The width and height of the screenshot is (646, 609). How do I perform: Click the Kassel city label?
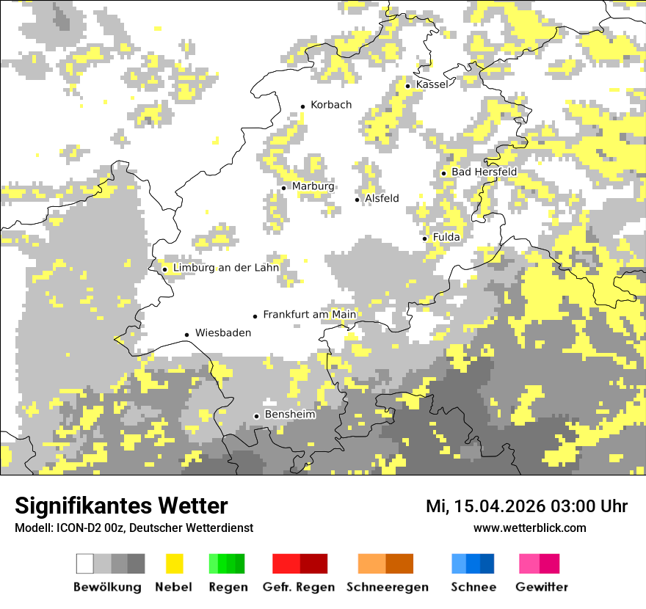(432, 84)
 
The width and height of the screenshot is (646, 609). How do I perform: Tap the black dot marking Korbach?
(302, 106)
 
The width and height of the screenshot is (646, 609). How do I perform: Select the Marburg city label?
(313, 186)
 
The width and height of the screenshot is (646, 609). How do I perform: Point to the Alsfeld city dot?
(358, 200)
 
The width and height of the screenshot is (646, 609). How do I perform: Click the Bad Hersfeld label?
(484, 172)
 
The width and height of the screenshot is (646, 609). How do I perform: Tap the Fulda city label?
(446, 237)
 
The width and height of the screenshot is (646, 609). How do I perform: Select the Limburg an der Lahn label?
(226, 268)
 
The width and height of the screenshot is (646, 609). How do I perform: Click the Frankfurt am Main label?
(309, 315)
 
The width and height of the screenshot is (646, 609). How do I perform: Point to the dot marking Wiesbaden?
(187, 335)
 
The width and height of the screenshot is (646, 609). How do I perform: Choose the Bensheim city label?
(290, 415)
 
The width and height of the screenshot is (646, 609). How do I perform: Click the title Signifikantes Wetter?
(121, 506)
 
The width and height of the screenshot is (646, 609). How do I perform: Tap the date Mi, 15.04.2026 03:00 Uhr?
(526, 506)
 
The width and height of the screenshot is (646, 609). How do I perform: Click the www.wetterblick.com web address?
(529, 528)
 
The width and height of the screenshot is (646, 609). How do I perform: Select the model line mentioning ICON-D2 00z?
(134, 528)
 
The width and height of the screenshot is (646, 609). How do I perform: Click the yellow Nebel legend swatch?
(174, 564)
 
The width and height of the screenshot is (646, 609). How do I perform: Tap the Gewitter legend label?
(541, 587)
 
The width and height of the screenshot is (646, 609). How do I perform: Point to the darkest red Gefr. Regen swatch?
(313, 564)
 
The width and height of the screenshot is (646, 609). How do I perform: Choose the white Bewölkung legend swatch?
(85, 564)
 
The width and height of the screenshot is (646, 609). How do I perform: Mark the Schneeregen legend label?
(388, 587)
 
